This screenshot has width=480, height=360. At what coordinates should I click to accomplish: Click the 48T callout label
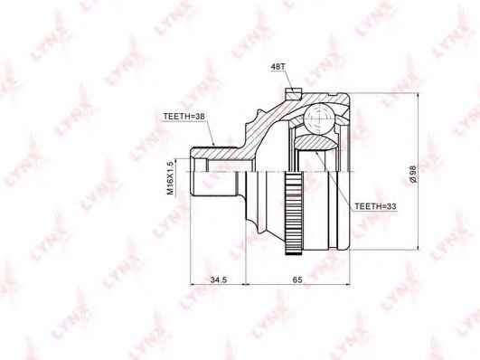pos(278,67)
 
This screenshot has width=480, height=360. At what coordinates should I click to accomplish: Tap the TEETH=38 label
pos(184,117)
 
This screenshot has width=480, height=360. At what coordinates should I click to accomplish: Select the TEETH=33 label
pos(375,206)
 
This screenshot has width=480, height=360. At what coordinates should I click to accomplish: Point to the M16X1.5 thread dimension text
pos(170,177)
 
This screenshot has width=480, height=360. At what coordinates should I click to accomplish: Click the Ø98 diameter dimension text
pos(412,175)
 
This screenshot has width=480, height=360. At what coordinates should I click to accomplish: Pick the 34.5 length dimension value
pos(218,279)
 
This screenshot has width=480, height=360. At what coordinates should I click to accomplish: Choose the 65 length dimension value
pos(297,279)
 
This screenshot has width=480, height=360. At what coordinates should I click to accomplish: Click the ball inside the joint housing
pos(319,118)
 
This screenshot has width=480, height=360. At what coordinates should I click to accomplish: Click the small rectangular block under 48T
pos(294,93)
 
